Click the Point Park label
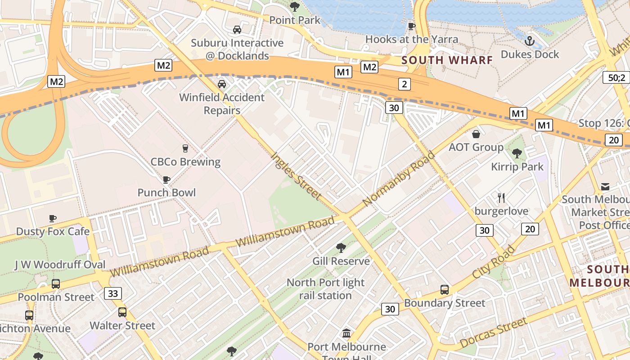click(x=295, y=20)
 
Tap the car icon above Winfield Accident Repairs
click(x=222, y=84)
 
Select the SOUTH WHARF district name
click(x=447, y=60)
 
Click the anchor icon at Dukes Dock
click(x=530, y=41)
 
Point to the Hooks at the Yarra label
click(x=411, y=39)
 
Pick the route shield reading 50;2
click(x=616, y=77)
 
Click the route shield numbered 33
click(x=113, y=294)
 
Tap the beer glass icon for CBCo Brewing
click(x=185, y=148)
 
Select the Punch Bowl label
click(x=166, y=193)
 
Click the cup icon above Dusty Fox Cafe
click(x=53, y=219)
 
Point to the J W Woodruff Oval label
click(x=60, y=265)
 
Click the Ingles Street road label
click(x=296, y=176)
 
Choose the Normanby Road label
click(x=399, y=179)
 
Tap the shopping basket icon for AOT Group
click(x=476, y=134)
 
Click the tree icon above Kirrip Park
click(x=517, y=153)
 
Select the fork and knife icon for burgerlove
click(x=501, y=198)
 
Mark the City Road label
click(x=494, y=262)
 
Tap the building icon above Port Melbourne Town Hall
click(x=346, y=333)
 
